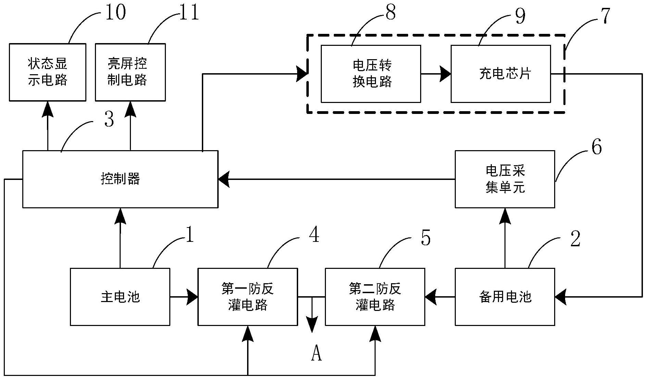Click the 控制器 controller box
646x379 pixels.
(120, 179)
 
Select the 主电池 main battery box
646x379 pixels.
(120, 297)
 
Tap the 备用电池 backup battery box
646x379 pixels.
(504, 297)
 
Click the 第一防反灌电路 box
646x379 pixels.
(247, 297)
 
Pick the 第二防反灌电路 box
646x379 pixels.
(375, 297)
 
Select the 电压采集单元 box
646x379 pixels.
(504, 179)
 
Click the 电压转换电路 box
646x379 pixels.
(370, 74)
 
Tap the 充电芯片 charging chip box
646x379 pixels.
(500, 74)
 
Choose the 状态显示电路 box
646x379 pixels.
(47, 72)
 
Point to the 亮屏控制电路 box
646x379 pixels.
(130, 72)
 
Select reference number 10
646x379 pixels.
(115, 12)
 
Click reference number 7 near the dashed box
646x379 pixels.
(605, 16)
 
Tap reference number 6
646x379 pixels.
(597, 147)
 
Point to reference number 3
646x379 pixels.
(109, 120)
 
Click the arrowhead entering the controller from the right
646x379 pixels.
(224, 179)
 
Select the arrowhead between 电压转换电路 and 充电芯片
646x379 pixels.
(445, 74)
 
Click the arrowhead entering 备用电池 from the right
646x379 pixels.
(560, 297)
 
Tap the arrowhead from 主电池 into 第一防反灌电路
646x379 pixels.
(192, 297)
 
